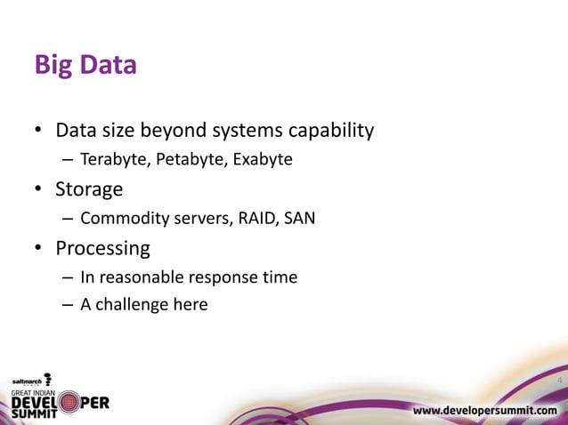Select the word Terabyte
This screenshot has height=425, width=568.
(113, 160)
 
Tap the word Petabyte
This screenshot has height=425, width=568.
(187, 160)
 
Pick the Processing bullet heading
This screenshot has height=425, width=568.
(102, 247)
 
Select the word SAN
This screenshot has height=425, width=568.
(299, 218)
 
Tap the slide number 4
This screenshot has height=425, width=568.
(558, 381)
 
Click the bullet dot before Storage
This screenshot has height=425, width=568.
(39, 190)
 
